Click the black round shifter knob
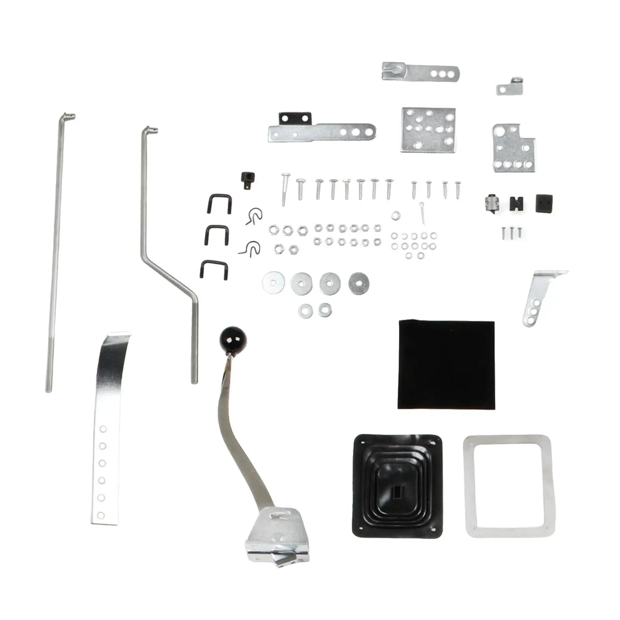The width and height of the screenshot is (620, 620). (x=233, y=339)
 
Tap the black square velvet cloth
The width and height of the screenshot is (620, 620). (x=446, y=365)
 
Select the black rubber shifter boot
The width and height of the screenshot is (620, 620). (x=398, y=486)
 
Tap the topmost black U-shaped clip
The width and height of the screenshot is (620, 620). (x=220, y=203)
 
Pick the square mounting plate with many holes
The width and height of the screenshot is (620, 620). (x=428, y=130)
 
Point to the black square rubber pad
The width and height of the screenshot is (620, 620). (x=544, y=203)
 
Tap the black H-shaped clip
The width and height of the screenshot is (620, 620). (x=517, y=203)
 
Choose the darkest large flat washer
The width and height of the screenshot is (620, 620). (x=358, y=283)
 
